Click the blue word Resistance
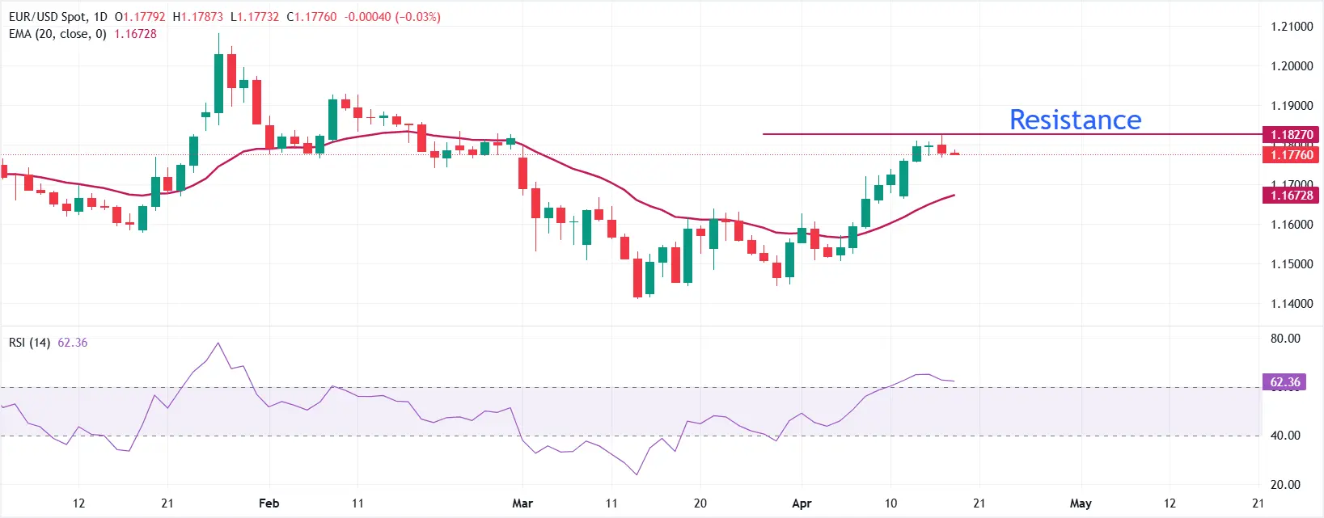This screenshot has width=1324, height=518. tap(1075, 120)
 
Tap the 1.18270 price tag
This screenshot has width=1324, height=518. tap(1291, 135)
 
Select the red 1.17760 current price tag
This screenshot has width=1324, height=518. tap(1291, 155)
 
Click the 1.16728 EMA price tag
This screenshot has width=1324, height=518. tap(1291, 196)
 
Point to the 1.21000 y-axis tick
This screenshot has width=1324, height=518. tap(1291, 27)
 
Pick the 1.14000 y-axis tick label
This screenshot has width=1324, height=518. tap(1291, 304)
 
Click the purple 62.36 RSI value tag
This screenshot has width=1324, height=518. tap(1284, 382)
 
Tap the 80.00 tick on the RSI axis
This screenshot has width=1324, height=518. tap(1284, 339)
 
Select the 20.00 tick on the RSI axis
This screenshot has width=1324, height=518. tap(1284, 485)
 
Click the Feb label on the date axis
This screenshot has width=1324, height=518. tap(269, 503)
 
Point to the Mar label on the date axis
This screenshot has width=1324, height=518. tap(522, 503)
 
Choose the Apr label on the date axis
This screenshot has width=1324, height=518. tap(802, 503)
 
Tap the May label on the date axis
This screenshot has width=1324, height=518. tap(1081, 503)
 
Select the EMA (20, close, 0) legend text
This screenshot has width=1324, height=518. tap(57, 34)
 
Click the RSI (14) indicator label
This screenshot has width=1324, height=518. tap(29, 343)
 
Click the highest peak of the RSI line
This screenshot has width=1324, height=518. tap(218, 343)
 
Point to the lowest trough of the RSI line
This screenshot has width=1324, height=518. tap(637, 474)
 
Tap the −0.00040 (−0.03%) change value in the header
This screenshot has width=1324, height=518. tap(392, 17)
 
